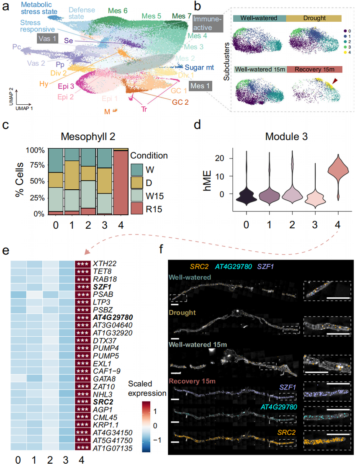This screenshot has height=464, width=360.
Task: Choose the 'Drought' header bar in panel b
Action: pos(314,18)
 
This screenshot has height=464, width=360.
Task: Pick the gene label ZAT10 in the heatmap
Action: pos(103,387)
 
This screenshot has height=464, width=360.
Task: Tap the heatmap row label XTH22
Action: pos(104,264)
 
